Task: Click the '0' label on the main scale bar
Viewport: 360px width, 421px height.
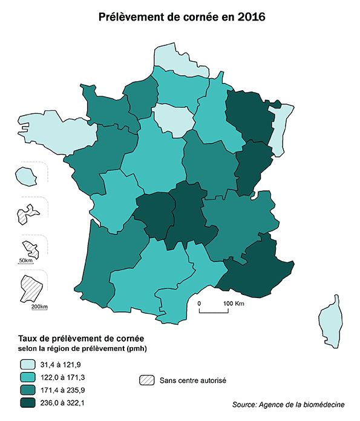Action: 198,302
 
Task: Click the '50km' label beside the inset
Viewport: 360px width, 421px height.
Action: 25,260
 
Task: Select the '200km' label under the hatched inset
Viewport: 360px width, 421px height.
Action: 39,307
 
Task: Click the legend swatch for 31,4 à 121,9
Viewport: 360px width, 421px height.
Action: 27,365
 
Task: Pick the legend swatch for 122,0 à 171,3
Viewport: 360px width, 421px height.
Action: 27,377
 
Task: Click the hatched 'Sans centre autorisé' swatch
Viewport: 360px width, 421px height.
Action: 147,380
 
